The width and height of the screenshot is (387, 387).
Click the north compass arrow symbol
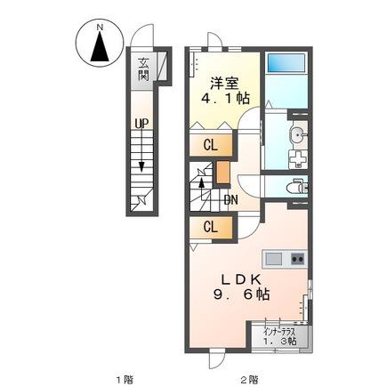(99, 46)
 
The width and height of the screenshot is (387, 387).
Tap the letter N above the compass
(100, 28)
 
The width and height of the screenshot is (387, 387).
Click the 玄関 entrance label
(143, 69)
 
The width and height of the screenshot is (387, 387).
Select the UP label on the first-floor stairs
(141, 124)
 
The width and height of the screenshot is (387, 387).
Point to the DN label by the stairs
(230, 200)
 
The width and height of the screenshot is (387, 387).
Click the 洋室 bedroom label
(224, 84)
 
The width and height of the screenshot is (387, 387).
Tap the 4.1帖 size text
(225, 99)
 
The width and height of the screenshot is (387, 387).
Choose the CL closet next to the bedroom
(211, 145)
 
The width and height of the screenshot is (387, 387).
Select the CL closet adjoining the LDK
(211, 227)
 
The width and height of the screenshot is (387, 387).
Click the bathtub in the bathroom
(286, 62)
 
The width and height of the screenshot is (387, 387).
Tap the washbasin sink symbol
(297, 135)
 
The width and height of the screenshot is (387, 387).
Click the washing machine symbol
(298, 159)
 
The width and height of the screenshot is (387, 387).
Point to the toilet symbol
(297, 187)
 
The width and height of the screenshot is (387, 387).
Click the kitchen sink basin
(273, 260)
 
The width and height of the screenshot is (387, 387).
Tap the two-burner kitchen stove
(298, 259)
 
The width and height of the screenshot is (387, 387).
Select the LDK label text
(241, 279)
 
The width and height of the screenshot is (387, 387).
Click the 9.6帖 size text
(241, 294)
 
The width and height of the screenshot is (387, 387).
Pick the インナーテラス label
(280, 332)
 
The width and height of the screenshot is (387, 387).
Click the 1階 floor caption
(125, 379)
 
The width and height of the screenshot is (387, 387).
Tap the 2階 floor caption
(249, 379)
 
